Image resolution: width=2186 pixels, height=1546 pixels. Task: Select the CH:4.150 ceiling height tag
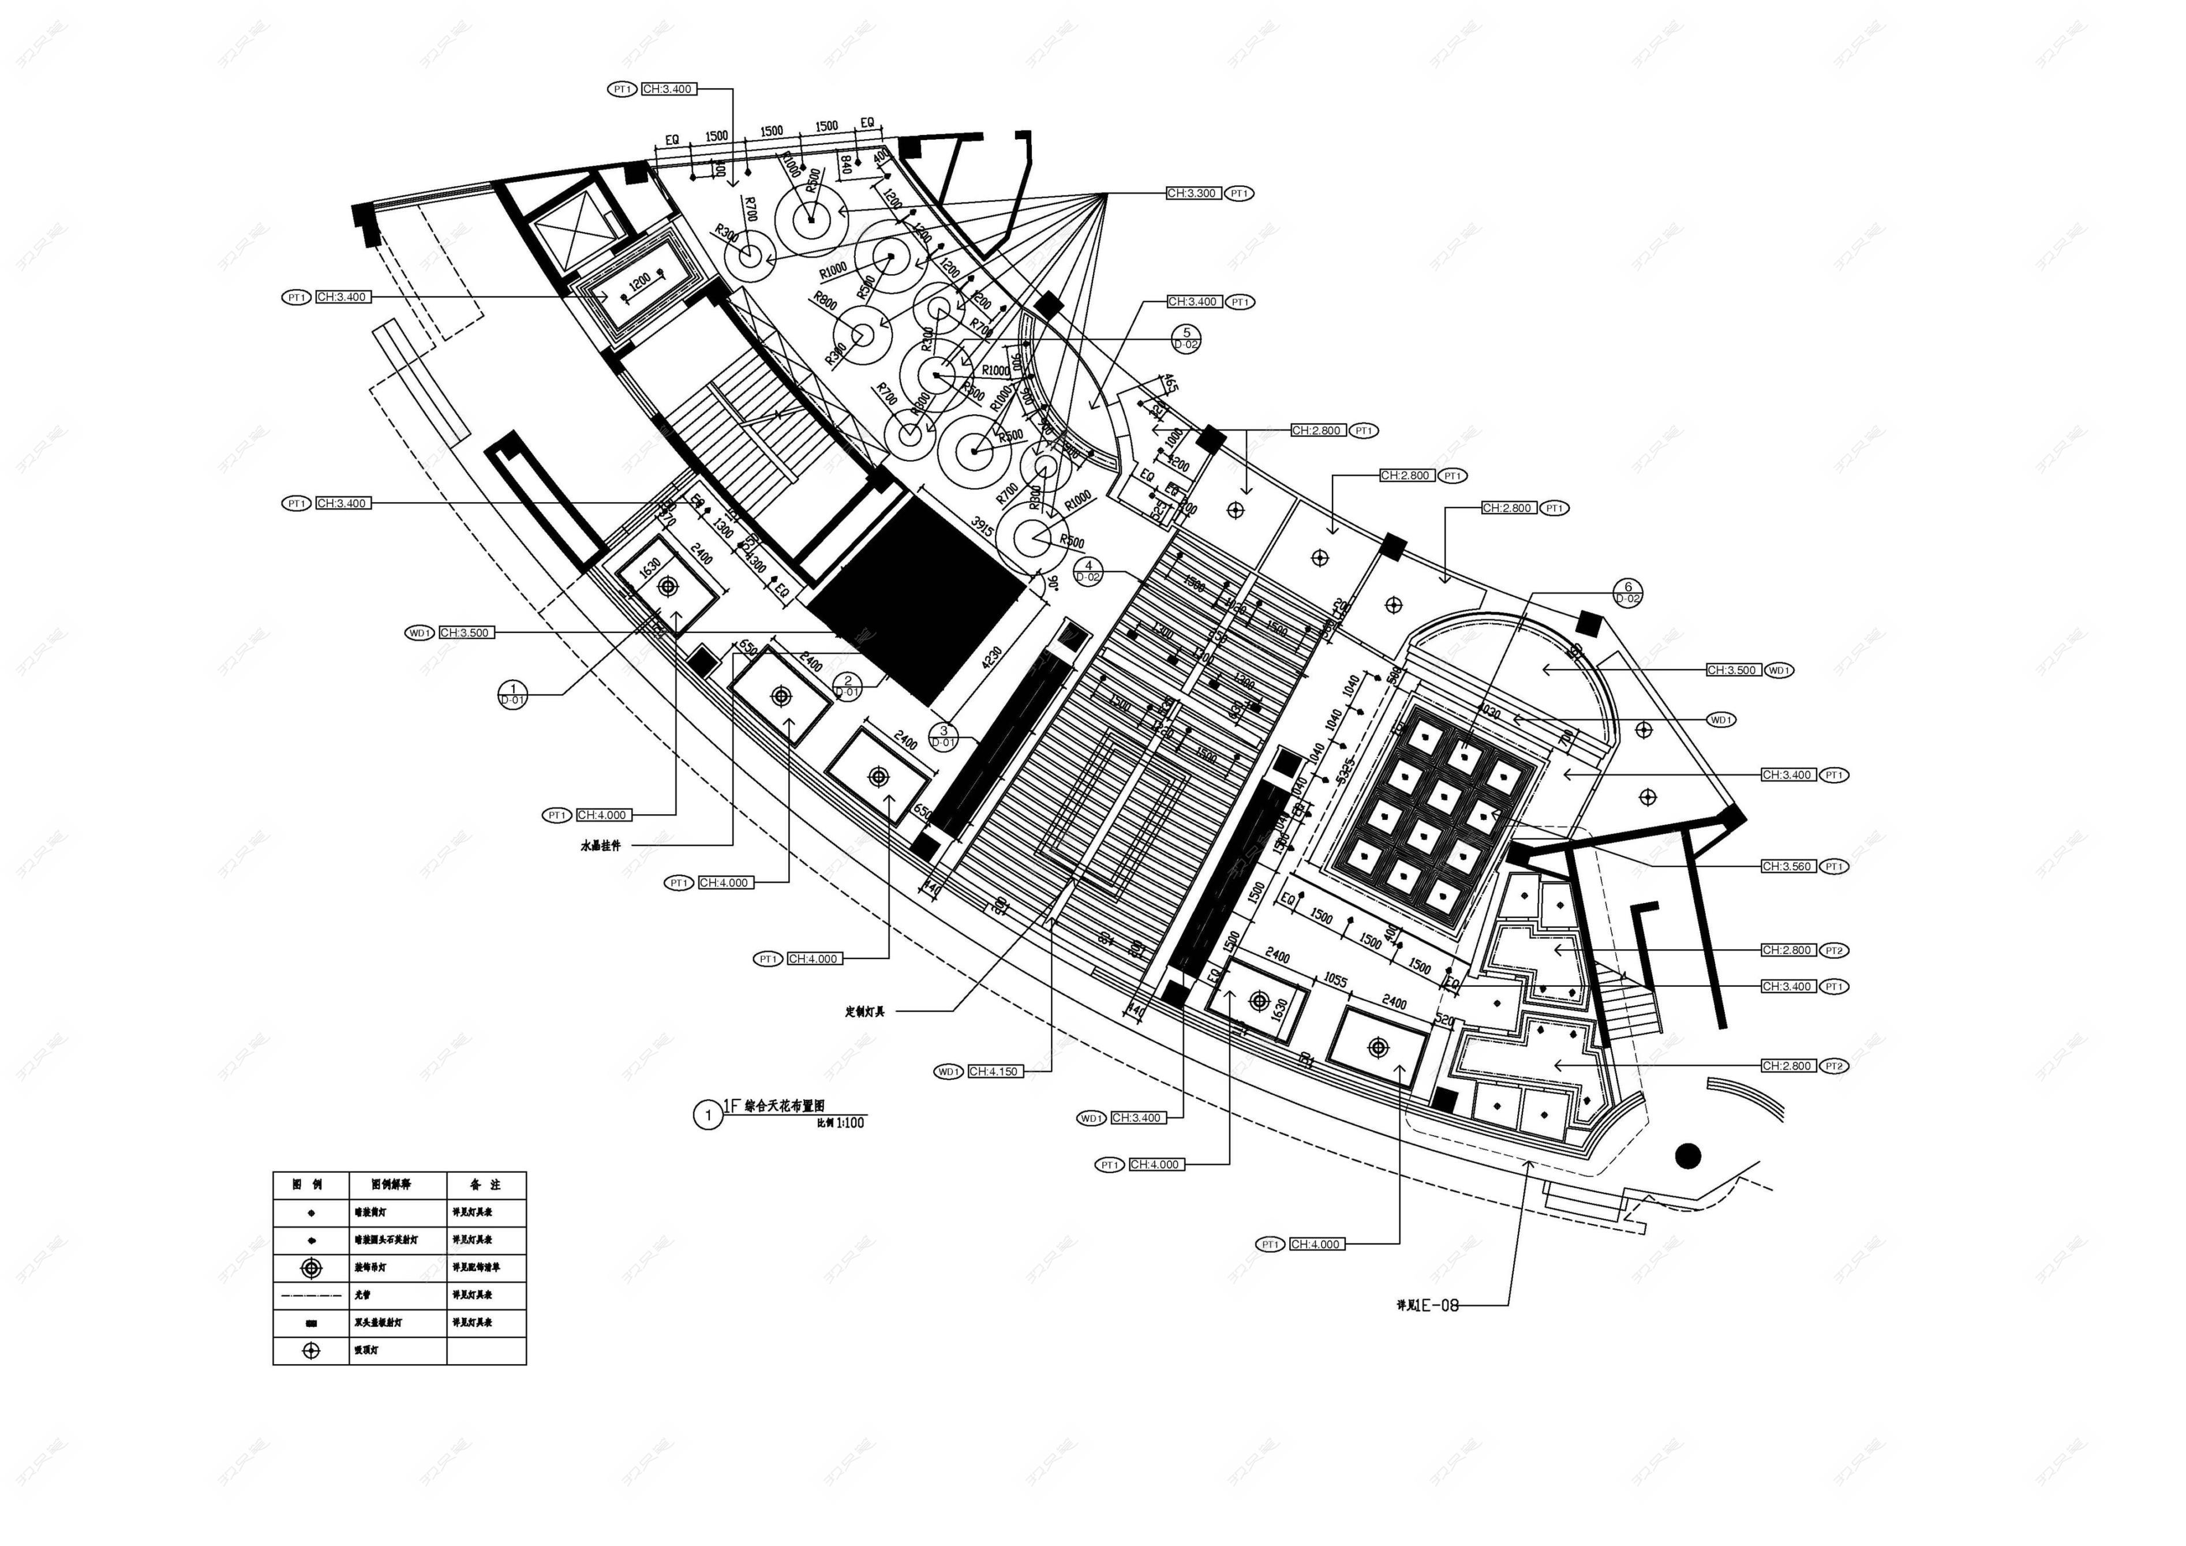[x=994, y=1072]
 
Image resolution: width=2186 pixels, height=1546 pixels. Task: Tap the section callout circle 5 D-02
[x=1186, y=339]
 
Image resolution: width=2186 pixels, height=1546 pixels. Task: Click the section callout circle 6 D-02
[x=1628, y=593]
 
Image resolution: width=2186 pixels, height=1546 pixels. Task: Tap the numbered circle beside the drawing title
[x=708, y=1115]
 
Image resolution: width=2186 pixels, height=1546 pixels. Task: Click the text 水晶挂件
[x=601, y=845]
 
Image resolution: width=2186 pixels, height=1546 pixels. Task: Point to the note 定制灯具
[x=864, y=1012]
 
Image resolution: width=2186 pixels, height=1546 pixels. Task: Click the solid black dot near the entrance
[x=1688, y=1156]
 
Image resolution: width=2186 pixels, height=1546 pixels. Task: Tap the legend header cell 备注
[x=485, y=1185]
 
